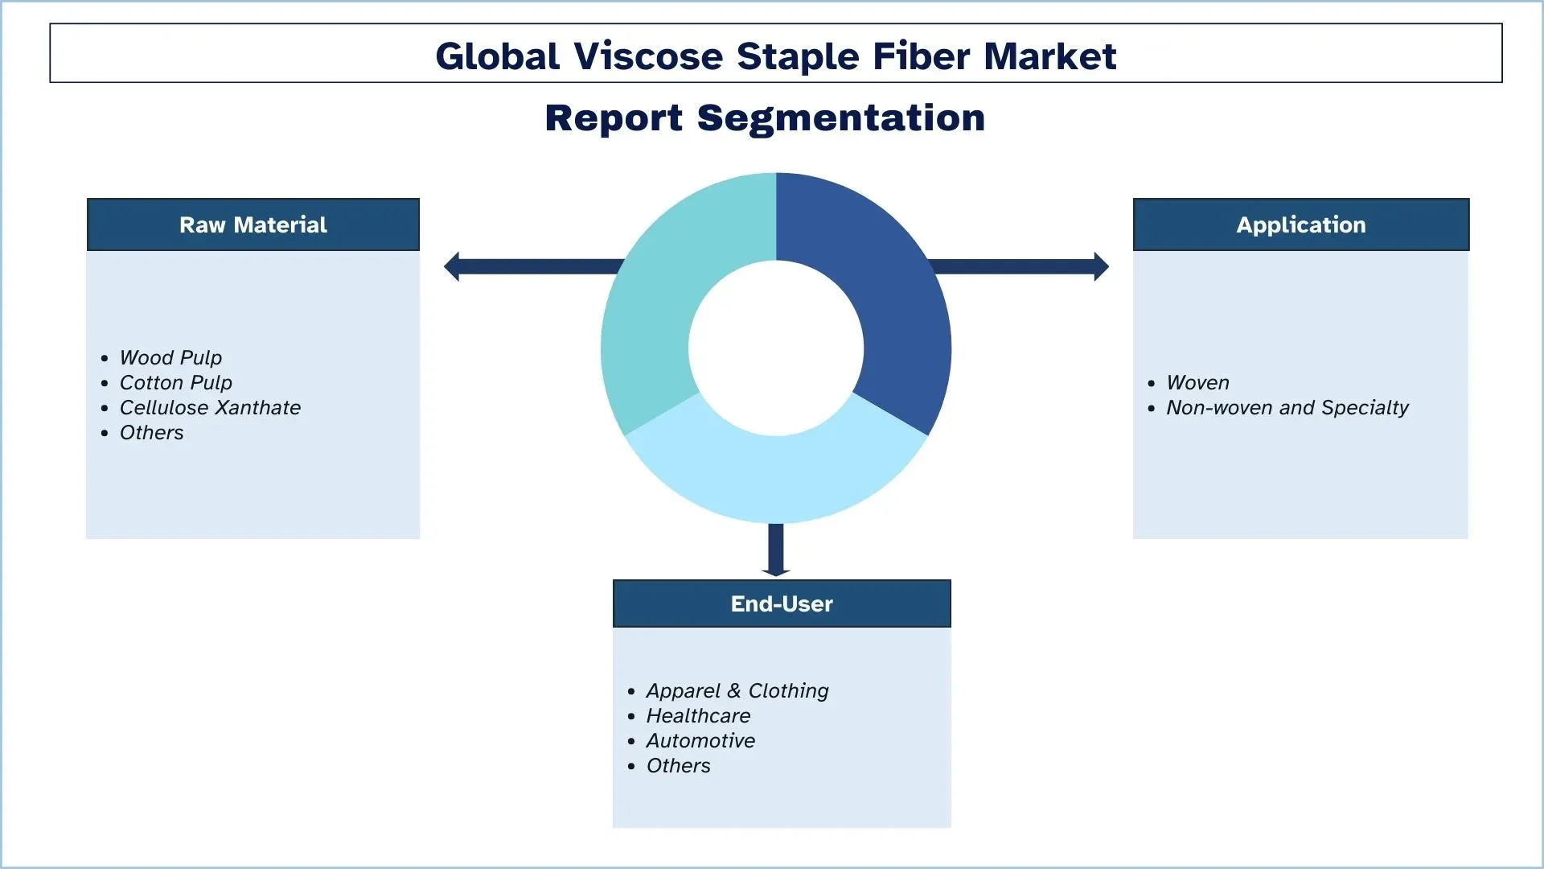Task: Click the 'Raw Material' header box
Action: pos(253,224)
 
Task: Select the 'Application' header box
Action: pos(1300,224)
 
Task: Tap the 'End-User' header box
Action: pos(781,603)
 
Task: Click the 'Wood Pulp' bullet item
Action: pos(170,357)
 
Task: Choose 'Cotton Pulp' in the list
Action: pos(175,382)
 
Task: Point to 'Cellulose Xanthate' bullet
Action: pos(210,407)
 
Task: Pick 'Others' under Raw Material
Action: pos(151,432)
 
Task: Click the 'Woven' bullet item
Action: pos(1197,382)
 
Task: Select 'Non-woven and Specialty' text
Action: pos(1287,407)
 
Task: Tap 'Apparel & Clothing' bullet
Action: pos(737,690)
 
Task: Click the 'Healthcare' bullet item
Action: pos(698,715)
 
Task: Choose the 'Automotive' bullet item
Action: pos(700,740)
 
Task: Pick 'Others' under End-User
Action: pos(678,765)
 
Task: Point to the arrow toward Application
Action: pos(1021,266)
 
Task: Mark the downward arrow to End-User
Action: pos(776,551)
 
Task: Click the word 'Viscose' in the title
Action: pos(648,56)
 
